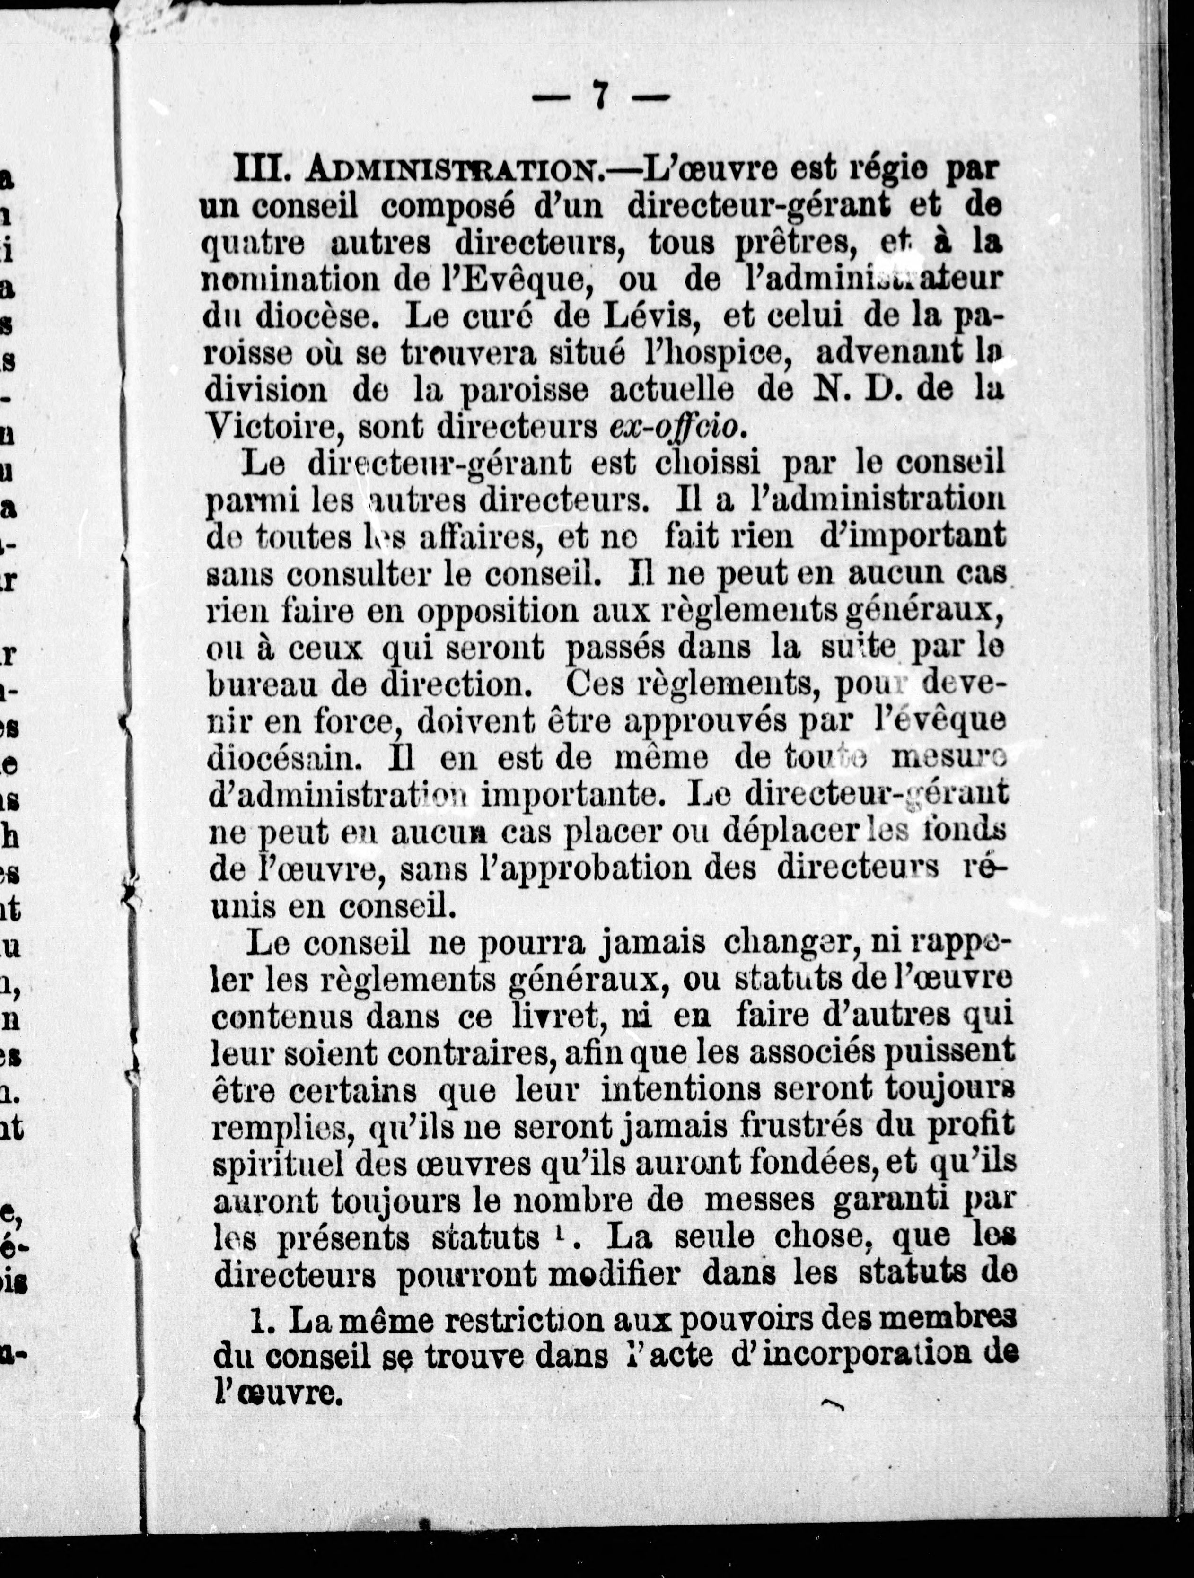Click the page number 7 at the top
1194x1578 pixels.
coord(601,96)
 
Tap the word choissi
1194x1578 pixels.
coord(708,464)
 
